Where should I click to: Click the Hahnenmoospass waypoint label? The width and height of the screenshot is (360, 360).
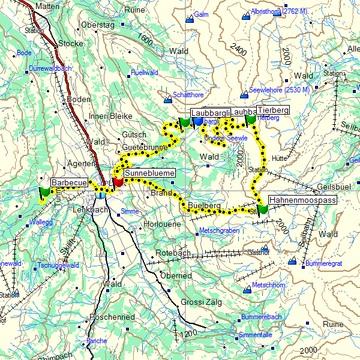pos(302,200)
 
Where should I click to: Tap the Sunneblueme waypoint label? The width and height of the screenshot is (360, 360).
pos(149,173)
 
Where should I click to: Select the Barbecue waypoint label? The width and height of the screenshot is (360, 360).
pos(70,182)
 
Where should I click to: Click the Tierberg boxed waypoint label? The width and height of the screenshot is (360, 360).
pos(272,110)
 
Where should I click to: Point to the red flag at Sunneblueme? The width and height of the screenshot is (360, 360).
pos(118,181)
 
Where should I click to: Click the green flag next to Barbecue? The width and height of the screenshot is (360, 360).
pos(44,193)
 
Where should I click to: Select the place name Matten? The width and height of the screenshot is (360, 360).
pos(49,6)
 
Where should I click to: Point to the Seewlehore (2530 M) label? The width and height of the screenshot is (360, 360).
pos(279,89)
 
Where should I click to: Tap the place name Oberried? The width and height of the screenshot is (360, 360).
pos(175,275)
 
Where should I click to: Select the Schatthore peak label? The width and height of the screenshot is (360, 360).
pos(188,95)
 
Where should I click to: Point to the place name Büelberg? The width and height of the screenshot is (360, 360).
pos(205,205)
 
